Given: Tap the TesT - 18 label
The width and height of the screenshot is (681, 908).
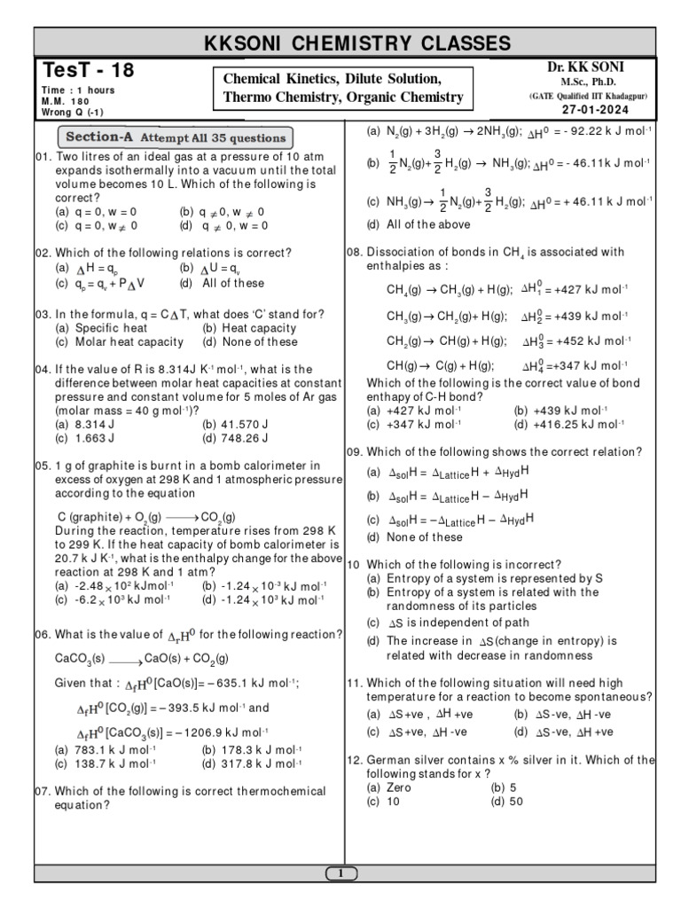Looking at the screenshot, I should tap(79, 71).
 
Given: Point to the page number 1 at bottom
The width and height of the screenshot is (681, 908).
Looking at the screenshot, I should tap(340, 874).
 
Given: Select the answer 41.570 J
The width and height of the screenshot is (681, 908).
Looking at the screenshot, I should tap(234, 425).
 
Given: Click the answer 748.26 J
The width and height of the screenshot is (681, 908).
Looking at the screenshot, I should tap(234, 438).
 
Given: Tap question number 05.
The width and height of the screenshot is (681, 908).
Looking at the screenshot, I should tap(43, 466).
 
